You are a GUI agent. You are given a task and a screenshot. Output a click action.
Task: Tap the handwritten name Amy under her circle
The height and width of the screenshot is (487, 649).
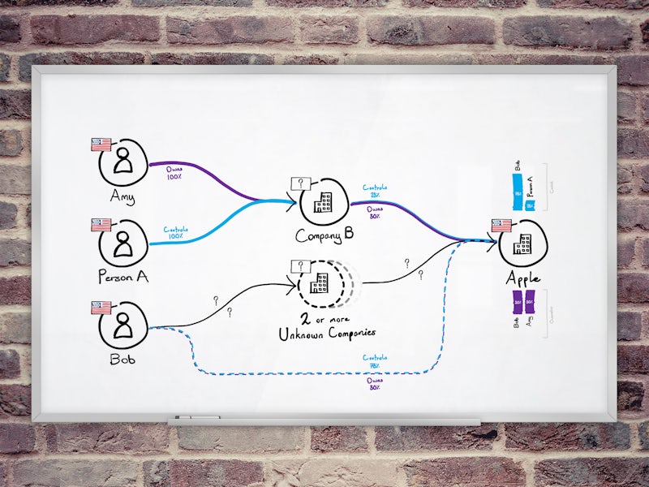[x=122, y=197]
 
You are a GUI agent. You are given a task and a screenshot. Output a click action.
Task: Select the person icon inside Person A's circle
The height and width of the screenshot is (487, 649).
[x=123, y=242]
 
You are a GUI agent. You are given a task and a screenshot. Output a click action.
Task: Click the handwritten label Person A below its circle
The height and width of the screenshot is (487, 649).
[x=122, y=277]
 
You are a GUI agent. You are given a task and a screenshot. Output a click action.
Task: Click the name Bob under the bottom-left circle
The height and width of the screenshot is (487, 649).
[x=122, y=358]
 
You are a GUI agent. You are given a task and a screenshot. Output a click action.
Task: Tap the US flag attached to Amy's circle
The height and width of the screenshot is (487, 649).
[x=101, y=144]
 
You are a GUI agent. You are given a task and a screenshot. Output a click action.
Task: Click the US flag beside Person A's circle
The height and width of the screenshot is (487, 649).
[x=101, y=224]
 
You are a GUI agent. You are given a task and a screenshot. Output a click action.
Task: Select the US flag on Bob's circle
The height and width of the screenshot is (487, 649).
[x=101, y=308]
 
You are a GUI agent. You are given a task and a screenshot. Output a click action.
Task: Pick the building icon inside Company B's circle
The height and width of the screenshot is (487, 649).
[x=322, y=202]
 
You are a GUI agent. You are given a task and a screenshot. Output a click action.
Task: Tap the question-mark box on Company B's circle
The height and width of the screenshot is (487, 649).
[x=300, y=184]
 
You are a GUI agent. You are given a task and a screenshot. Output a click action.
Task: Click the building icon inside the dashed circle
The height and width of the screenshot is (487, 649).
[x=321, y=282]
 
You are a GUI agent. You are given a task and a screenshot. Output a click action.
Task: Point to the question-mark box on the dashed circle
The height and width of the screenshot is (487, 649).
[x=300, y=267]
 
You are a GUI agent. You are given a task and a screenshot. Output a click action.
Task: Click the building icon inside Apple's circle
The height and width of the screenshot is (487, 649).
[x=522, y=243]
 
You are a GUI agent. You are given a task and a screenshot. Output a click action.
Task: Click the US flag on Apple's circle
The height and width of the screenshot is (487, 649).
[x=501, y=225]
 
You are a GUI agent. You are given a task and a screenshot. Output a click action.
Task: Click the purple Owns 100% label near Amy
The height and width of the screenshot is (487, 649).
[x=173, y=173]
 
